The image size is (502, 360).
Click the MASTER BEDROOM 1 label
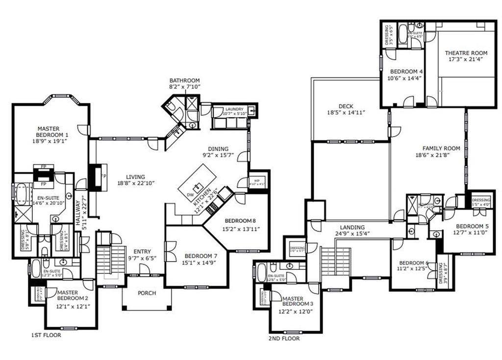[52, 132]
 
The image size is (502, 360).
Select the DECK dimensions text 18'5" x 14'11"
[346, 113]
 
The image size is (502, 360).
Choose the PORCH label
[147, 293]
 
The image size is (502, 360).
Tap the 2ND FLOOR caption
[284, 338]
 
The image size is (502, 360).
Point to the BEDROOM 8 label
[241, 220]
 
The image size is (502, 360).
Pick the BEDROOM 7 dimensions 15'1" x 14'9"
[199, 262]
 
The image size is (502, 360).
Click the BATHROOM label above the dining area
[184, 80]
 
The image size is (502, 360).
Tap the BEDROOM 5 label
[473, 226]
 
